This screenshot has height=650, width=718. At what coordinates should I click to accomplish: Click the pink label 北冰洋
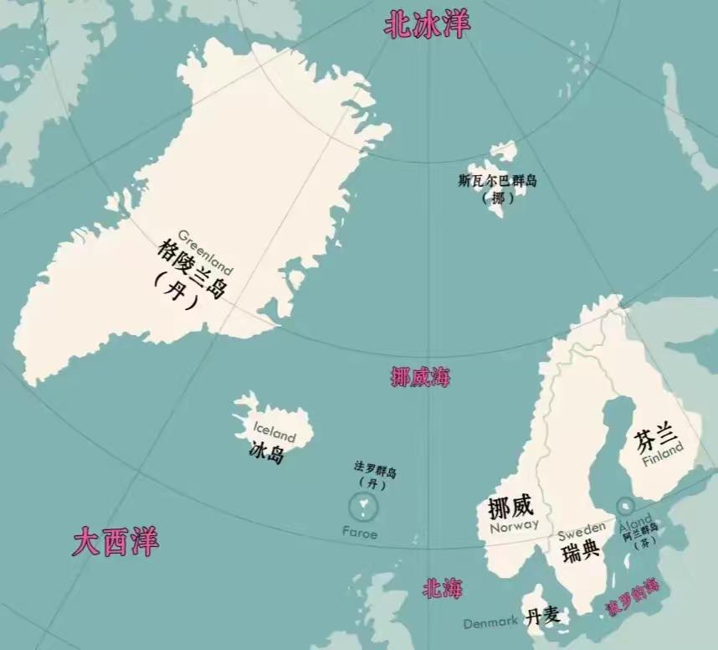coord(427,24)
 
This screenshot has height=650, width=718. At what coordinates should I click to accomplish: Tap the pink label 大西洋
coord(115,542)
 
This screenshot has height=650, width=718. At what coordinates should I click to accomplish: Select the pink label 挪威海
coord(420,377)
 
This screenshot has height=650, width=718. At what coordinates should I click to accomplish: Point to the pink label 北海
coord(442,588)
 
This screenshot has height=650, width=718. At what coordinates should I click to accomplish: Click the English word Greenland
coord(205,250)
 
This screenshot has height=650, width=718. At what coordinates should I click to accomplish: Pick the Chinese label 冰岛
coord(267,453)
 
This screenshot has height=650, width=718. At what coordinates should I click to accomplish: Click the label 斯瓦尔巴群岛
coord(498,181)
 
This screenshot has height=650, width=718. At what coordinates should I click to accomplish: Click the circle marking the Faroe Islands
coord(363,506)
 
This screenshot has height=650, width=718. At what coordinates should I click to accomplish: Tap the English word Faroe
coord(360,533)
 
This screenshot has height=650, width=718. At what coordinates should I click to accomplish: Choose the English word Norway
coord(514,526)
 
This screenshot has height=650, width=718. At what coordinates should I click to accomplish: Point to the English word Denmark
coord(491,622)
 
